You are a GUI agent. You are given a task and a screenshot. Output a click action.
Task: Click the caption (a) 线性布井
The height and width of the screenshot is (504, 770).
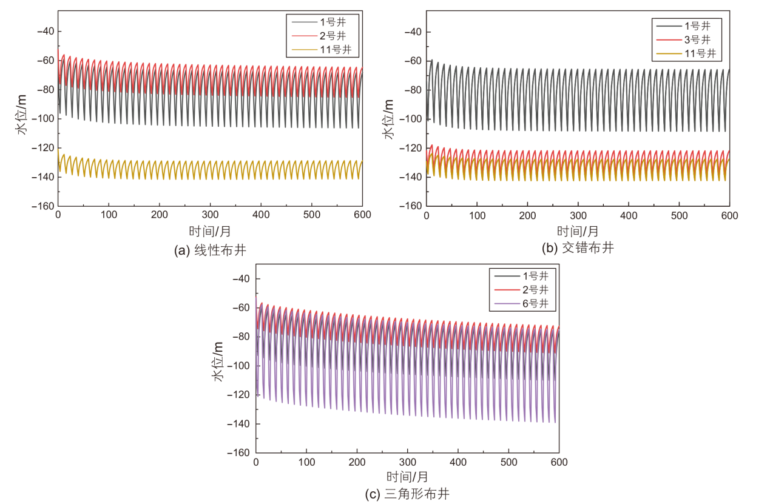point(210,250)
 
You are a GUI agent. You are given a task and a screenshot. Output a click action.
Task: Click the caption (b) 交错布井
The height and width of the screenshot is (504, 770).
point(578,247)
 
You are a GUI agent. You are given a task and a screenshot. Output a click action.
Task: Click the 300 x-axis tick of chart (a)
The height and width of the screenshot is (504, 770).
point(210,215)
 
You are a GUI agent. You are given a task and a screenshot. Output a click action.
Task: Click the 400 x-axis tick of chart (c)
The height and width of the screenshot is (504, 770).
point(458,462)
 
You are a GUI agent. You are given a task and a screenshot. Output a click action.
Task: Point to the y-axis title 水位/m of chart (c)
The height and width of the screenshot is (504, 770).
point(218,361)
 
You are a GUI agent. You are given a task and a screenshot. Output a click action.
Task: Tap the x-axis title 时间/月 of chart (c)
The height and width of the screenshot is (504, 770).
point(407,477)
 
